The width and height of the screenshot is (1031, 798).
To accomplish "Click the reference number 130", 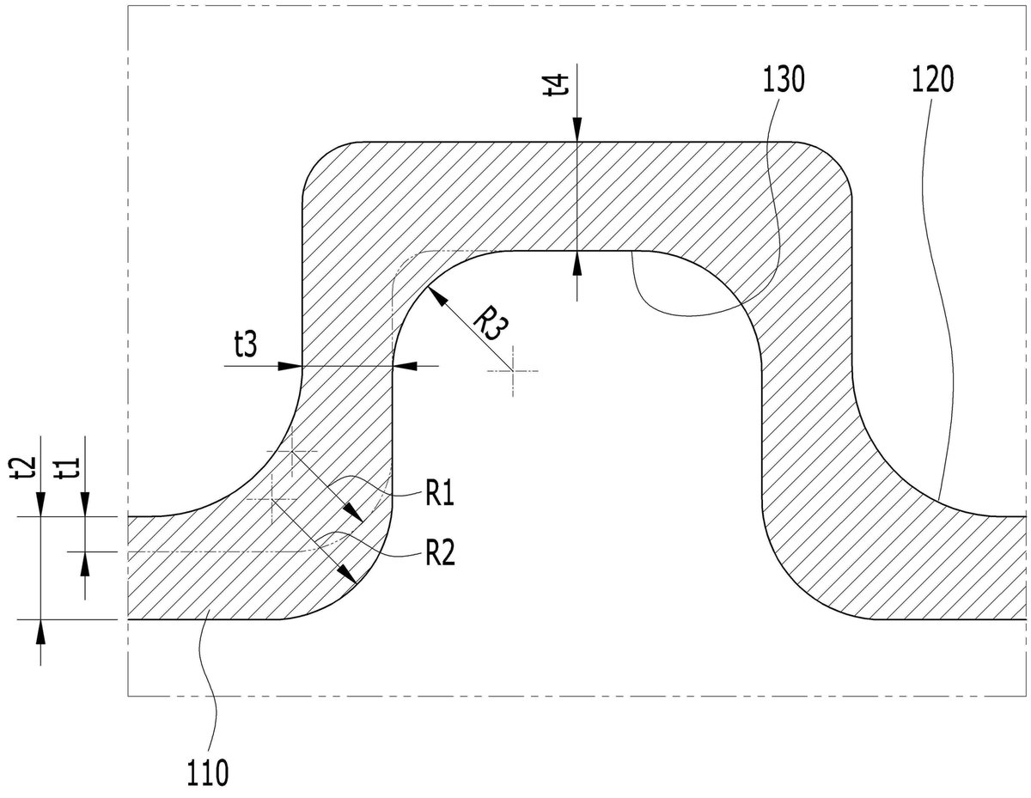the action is pyautogui.click(x=783, y=79).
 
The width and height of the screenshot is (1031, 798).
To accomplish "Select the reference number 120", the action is pyautogui.click(x=932, y=79).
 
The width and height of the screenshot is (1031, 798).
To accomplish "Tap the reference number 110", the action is pyautogui.click(x=207, y=773).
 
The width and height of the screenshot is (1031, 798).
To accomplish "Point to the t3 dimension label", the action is pyautogui.click(x=246, y=344).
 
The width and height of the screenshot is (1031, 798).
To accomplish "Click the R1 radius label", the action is pyautogui.click(x=439, y=493).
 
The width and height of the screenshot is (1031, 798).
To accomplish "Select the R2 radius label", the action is pyautogui.click(x=440, y=553).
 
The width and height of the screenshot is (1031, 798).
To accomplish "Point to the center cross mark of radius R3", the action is pyautogui.click(x=512, y=371).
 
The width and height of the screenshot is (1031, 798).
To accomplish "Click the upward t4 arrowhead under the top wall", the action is pyautogui.click(x=577, y=263).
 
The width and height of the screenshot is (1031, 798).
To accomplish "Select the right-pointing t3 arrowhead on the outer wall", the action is pyautogui.click(x=290, y=366).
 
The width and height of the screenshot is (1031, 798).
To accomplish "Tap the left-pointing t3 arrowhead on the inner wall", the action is pyautogui.click(x=405, y=366).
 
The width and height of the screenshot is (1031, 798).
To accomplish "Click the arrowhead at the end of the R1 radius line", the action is pyautogui.click(x=354, y=514).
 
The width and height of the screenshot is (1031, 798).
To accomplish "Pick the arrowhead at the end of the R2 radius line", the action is pyautogui.click(x=349, y=575).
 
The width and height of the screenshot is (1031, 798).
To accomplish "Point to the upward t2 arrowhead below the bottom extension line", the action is pyautogui.click(x=40, y=632).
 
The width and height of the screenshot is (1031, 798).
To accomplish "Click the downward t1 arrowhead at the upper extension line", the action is pyautogui.click(x=85, y=504).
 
